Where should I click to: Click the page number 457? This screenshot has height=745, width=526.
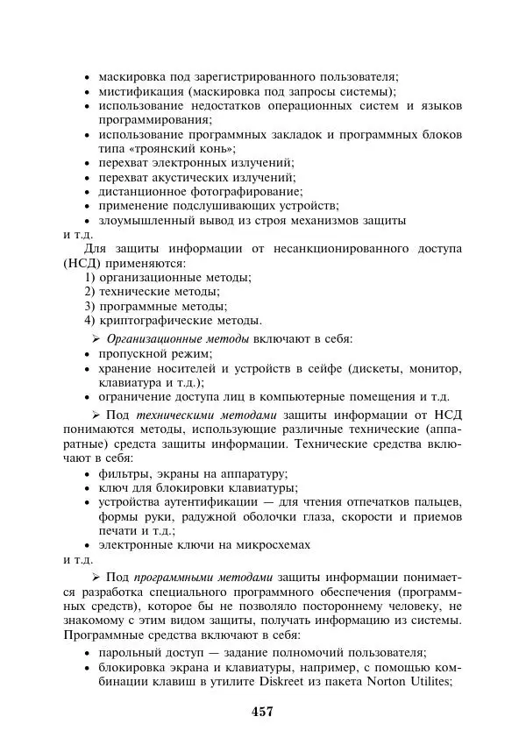pyautogui.click(x=262, y=711)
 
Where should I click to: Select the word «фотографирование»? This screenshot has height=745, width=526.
pyautogui.click(x=249, y=191)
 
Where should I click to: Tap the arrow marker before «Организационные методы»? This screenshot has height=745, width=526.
pyautogui.click(x=97, y=338)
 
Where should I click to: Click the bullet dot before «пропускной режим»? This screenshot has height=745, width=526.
pyautogui.click(x=88, y=354)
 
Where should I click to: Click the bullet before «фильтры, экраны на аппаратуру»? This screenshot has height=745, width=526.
pyautogui.click(x=88, y=473)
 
